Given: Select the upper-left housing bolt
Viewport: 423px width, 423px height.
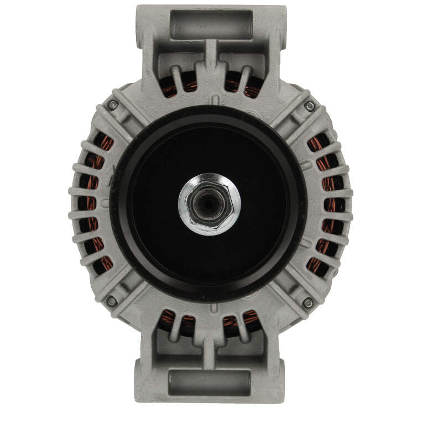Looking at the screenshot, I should (113, 105).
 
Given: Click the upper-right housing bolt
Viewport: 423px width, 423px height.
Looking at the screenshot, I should (310, 106).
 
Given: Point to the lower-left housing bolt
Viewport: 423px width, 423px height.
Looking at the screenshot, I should (112, 301).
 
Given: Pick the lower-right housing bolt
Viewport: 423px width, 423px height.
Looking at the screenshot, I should (308, 302).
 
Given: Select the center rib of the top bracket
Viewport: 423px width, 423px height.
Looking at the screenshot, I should (211, 55).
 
